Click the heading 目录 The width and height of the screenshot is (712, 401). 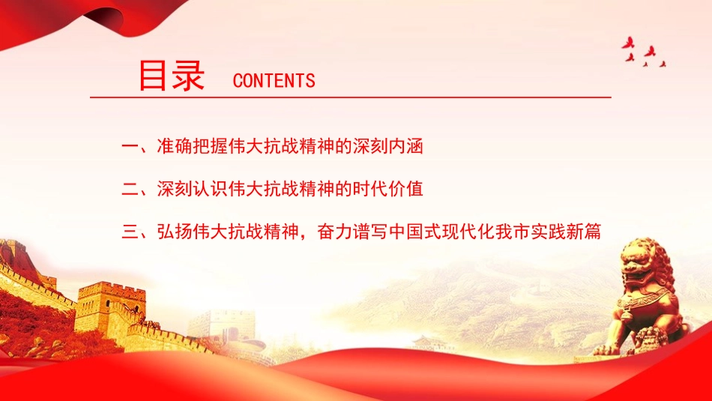tap(172, 76)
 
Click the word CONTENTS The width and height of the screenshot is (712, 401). tap(274, 81)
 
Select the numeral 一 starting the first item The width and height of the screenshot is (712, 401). tap(129, 146)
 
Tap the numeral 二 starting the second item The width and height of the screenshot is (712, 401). tap(129, 189)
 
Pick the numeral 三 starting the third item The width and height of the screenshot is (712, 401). tap(129, 232)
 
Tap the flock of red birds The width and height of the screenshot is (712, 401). tap(644, 52)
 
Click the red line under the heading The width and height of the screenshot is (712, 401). tap(350, 97)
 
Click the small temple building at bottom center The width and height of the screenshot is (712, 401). tap(433, 343)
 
